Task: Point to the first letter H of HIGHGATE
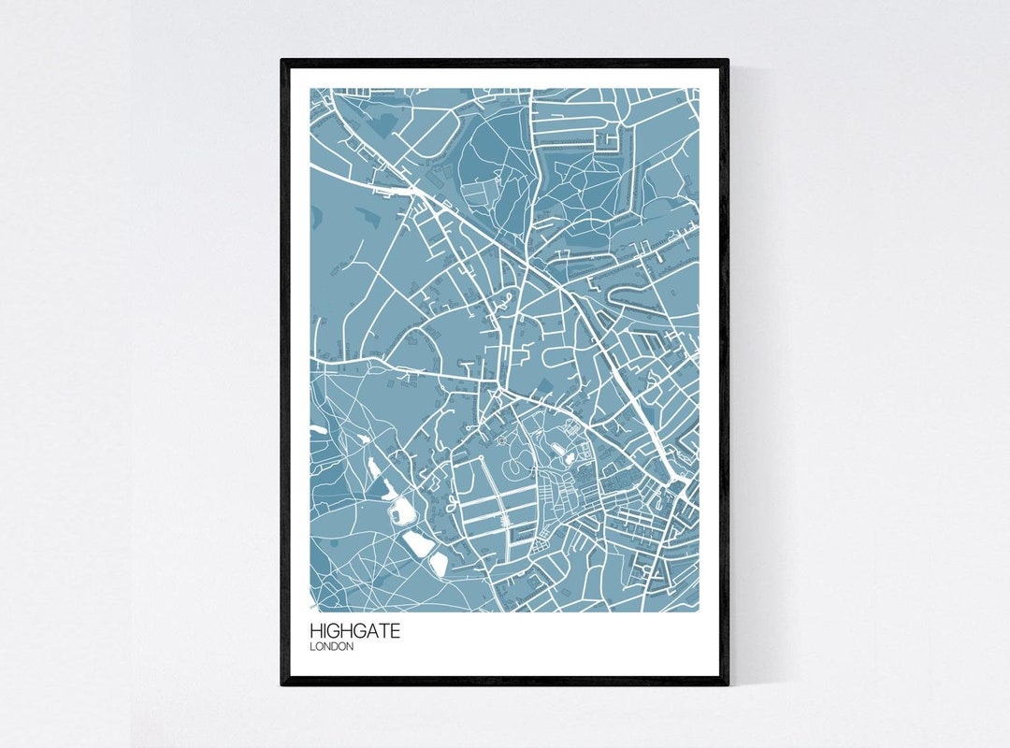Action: (316, 632)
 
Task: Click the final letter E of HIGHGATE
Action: (395, 632)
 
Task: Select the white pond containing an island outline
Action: (403, 510)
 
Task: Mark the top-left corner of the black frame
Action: (282, 62)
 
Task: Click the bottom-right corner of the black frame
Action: (727, 683)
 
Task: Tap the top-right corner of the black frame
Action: (727, 62)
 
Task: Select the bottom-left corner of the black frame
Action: (282, 683)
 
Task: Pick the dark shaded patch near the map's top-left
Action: (382, 124)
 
